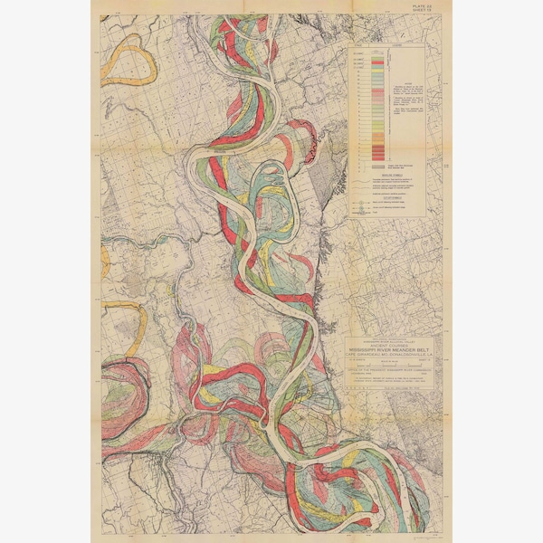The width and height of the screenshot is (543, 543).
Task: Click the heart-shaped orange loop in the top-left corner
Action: coord(126,60)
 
